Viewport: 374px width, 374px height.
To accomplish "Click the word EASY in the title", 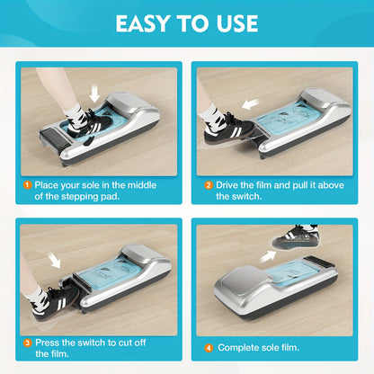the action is (143, 23).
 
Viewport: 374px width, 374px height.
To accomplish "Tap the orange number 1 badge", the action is (27, 185).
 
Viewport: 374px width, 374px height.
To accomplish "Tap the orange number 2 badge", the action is (209, 185).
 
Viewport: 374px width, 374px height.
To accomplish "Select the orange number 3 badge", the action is (28, 343).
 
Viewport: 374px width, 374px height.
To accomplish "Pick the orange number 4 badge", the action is (209, 348).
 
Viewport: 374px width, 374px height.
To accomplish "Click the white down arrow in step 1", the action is (94, 93).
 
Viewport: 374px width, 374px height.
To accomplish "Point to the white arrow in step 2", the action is (251, 104).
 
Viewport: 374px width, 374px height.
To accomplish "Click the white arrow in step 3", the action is (54, 260).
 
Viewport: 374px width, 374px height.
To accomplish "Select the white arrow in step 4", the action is (268, 256).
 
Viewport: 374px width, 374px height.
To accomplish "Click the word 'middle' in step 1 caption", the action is (142, 185).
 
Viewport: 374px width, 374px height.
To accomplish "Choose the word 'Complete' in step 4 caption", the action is (237, 348).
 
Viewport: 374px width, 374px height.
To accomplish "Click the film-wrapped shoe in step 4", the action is (296, 239).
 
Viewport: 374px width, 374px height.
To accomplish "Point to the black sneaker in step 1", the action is (89, 125).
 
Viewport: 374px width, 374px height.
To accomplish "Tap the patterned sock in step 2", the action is (212, 113).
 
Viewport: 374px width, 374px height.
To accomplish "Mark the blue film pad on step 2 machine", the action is (286, 120).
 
